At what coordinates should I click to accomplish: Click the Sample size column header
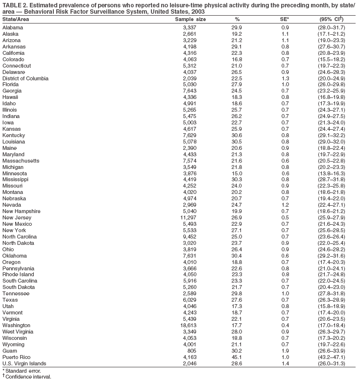click(x=191, y=19)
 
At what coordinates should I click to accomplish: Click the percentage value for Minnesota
click(x=237, y=173)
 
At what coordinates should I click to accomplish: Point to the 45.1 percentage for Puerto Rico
click(x=237, y=357)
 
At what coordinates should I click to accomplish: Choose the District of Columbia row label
click(x=25, y=78)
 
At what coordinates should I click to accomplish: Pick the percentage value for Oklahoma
click(x=237, y=255)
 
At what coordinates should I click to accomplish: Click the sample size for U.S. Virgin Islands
click(x=189, y=363)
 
